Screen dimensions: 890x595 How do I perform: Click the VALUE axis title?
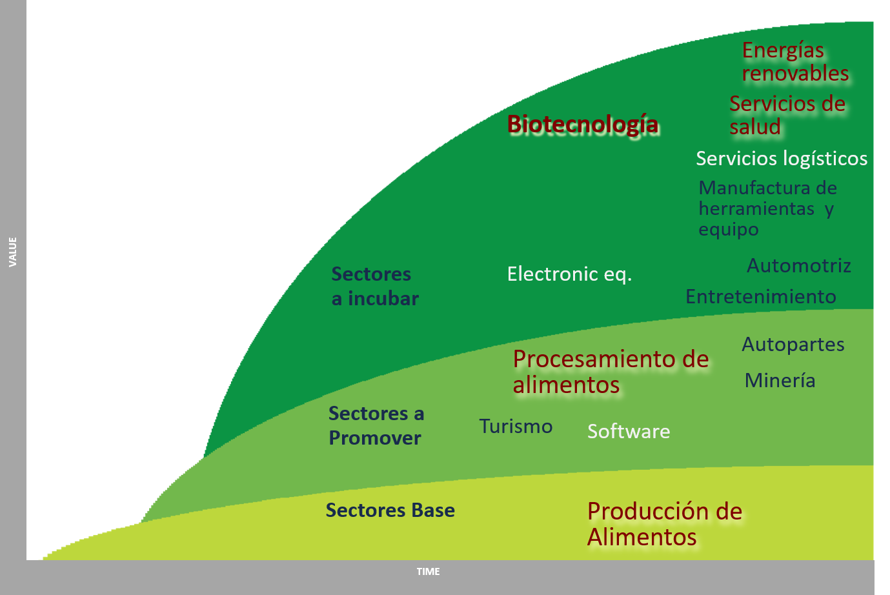click(13, 252)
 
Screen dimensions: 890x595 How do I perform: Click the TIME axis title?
click(428, 572)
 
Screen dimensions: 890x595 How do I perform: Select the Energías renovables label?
click(795, 62)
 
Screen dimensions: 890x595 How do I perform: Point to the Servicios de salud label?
click(787, 115)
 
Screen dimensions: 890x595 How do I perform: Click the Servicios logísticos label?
click(782, 159)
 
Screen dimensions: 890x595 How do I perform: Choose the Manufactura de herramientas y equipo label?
click(767, 208)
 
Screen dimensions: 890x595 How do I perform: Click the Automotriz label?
click(798, 265)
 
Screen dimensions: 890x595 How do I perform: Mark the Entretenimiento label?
click(760, 297)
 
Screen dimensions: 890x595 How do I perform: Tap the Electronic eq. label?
click(569, 274)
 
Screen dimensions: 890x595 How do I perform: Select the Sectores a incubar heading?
click(375, 287)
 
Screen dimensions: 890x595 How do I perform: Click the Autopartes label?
click(793, 345)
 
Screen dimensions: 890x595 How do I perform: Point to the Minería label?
click(780, 381)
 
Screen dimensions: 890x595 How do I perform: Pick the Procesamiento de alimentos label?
click(611, 372)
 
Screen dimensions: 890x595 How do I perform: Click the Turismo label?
click(516, 427)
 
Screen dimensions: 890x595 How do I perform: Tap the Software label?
click(629, 431)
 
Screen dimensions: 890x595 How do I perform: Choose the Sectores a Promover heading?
click(376, 426)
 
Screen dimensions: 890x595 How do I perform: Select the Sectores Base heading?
click(390, 510)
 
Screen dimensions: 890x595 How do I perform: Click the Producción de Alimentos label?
click(664, 524)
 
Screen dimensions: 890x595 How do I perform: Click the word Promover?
click(375, 438)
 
